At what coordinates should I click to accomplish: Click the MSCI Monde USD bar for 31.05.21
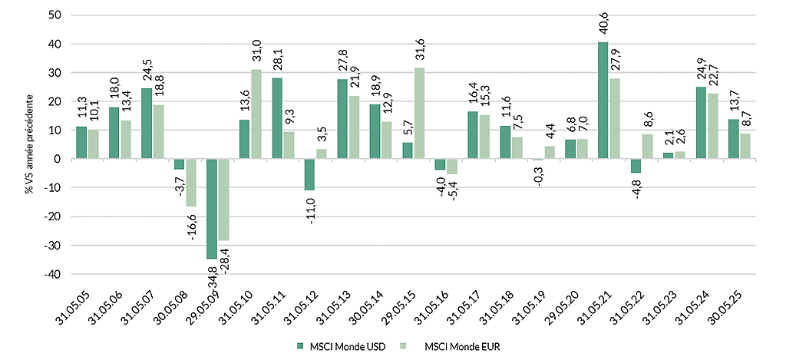[x=603, y=101]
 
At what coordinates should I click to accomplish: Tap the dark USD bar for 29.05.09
[x=212, y=209]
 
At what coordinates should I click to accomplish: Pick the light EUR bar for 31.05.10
[x=256, y=114]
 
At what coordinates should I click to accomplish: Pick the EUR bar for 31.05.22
[x=646, y=147]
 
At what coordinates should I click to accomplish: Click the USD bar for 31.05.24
[x=700, y=123]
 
